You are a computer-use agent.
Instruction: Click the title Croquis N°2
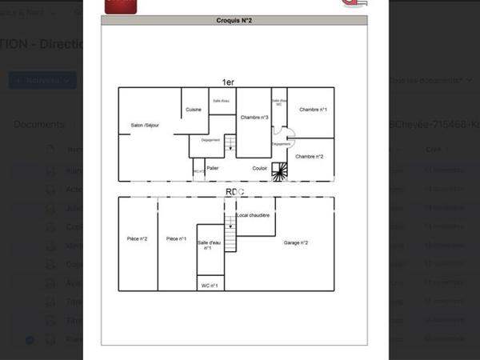(234, 22)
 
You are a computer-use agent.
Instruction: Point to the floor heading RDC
(234, 192)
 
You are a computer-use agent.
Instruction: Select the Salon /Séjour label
(146, 125)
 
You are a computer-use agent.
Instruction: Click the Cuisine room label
(194, 110)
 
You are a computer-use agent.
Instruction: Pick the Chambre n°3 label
(254, 118)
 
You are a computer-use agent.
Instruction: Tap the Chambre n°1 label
(313, 109)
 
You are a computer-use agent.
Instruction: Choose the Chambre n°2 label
(310, 157)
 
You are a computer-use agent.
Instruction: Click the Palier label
(212, 168)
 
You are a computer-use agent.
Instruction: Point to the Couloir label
(260, 168)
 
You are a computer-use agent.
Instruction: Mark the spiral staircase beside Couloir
(280, 171)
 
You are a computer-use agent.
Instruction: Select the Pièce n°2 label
(138, 238)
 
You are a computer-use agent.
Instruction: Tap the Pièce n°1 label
(176, 238)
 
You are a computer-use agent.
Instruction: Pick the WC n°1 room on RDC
(210, 285)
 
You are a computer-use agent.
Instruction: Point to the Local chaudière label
(253, 215)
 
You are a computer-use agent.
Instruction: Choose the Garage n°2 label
(296, 242)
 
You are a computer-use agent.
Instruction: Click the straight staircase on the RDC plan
(230, 237)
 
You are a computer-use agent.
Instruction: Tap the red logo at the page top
(121, 6)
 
